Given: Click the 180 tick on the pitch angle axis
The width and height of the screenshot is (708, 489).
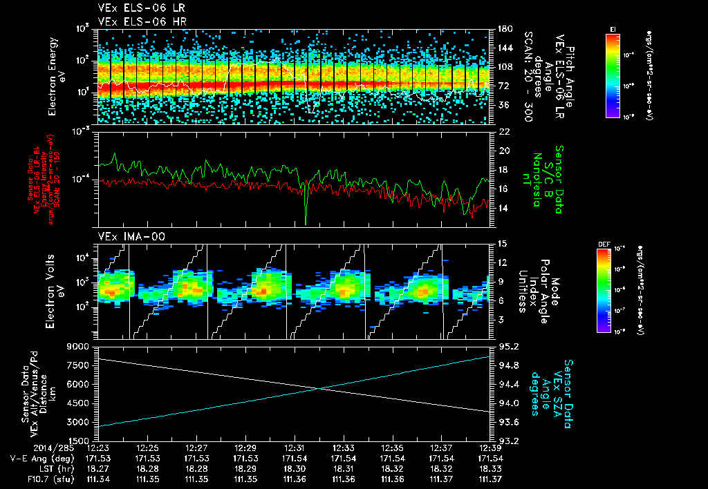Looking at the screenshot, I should point(504,29).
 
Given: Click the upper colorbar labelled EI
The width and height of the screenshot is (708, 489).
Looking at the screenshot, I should point(613,75).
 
